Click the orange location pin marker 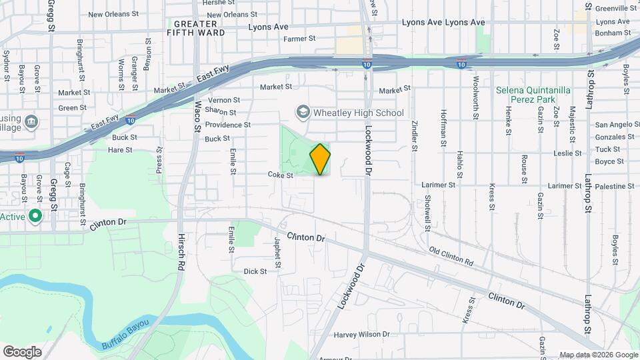click(x=320, y=159)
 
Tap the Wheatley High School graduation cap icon click(x=303, y=112)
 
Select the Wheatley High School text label click(x=359, y=113)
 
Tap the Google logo click(x=22, y=351)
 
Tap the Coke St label click(x=281, y=175)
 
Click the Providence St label click(x=227, y=125)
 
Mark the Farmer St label click(x=299, y=39)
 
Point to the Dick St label click(x=255, y=271)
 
